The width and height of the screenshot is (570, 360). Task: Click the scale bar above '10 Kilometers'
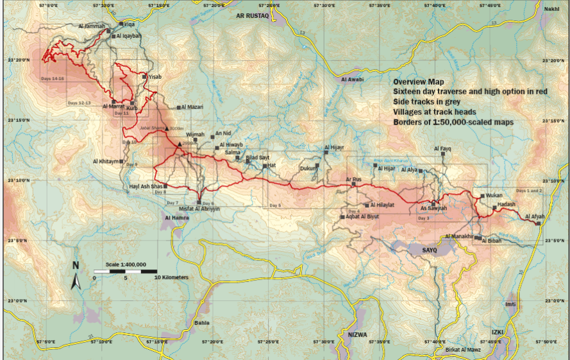click(x=126, y=271)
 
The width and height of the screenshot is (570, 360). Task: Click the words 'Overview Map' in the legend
click(x=418, y=82)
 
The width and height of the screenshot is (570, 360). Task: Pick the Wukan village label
click(x=494, y=195)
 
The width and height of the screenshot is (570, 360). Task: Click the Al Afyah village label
click(x=534, y=217)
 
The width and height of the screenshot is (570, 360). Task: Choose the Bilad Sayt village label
click(x=257, y=157)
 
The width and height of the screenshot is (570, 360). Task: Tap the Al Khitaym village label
click(x=106, y=162)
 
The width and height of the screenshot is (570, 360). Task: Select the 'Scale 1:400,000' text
click(x=126, y=264)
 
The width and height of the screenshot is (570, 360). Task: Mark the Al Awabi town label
click(x=353, y=80)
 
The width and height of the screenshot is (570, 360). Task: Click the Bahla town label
click(x=201, y=323)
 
